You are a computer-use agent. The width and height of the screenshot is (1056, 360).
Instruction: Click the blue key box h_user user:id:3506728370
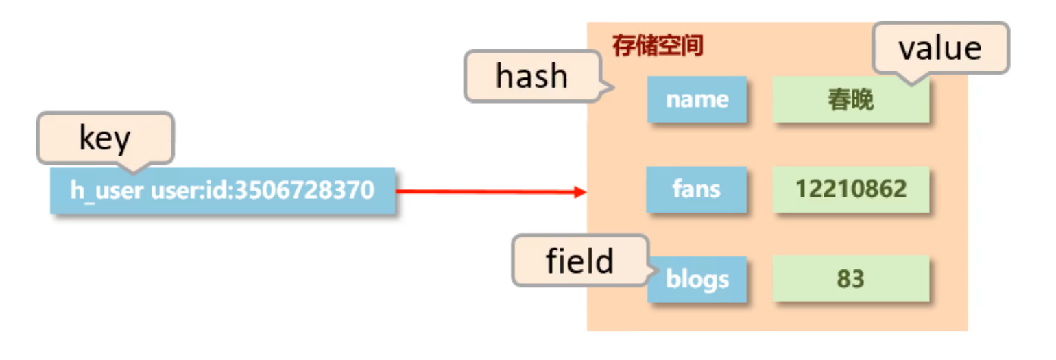pyautogui.click(x=222, y=191)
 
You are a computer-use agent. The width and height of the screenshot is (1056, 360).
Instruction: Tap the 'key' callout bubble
pyautogui.click(x=105, y=139)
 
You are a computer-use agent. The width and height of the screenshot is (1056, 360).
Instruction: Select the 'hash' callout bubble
pyautogui.click(x=532, y=76)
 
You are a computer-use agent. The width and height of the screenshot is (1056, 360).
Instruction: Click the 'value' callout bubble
pyautogui.click(x=940, y=47)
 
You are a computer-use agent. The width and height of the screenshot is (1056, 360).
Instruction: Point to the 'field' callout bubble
pyautogui.click(x=579, y=261)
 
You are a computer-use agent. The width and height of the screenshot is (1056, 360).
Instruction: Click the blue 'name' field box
pyautogui.click(x=697, y=100)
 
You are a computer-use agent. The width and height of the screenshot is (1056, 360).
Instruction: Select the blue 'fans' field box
pyautogui.click(x=696, y=189)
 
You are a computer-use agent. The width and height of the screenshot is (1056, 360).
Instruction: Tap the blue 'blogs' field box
pyautogui.click(x=697, y=279)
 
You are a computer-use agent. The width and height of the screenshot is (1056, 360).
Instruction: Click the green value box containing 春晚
pyautogui.click(x=850, y=100)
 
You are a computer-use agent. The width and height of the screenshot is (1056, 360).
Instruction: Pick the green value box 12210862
pyautogui.click(x=850, y=189)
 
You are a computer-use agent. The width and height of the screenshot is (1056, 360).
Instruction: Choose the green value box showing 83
pyautogui.click(x=850, y=279)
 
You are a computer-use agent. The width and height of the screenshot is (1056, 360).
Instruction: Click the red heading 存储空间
pyautogui.click(x=658, y=47)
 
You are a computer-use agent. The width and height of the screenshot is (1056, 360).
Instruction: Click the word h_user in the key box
pyautogui.click(x=107, y=190)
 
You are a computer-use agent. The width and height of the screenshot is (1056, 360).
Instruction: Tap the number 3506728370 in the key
pyautogui.click(x=304, y=190)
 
